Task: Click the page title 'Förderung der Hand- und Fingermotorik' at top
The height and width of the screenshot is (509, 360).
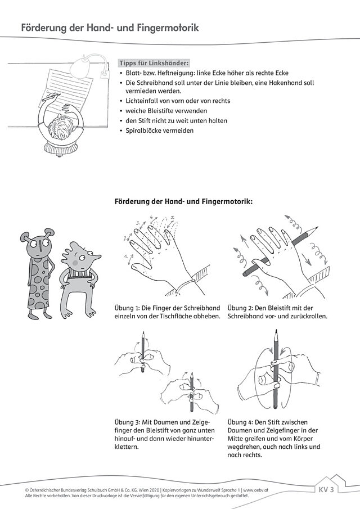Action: (x=110, y=27)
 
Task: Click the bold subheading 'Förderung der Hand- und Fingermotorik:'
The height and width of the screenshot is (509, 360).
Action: (x=183, y=201)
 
